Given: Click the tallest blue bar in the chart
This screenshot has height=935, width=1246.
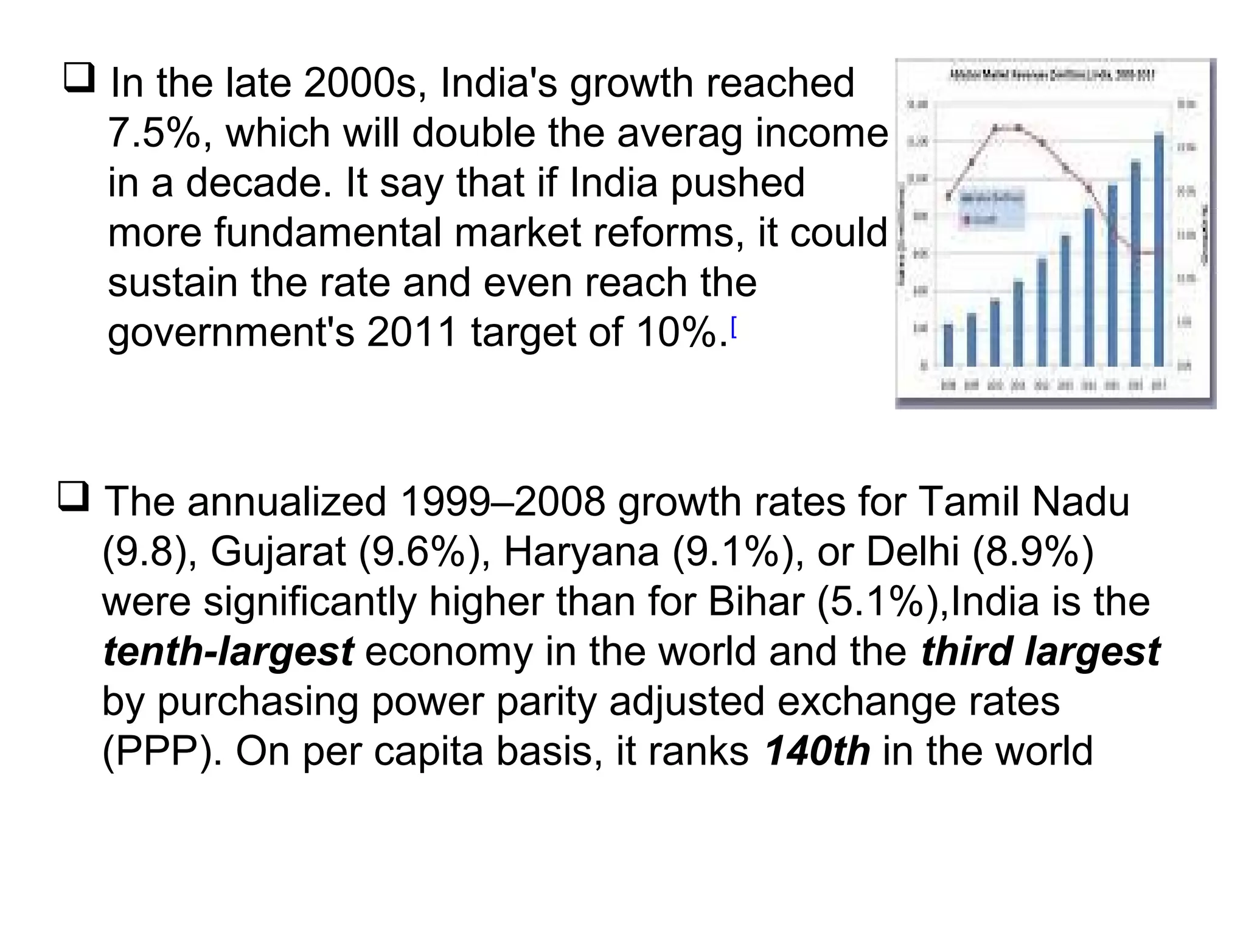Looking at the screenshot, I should (x=1158, y=250).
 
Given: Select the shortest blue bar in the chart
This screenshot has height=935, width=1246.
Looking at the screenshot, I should (x=948, y=345).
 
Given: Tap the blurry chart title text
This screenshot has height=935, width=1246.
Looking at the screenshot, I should (x=1052, y=75).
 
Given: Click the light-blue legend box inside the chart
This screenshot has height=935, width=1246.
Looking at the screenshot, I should (x=992, y=208).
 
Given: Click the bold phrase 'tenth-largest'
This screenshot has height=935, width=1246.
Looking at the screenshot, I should (x=228, y=651).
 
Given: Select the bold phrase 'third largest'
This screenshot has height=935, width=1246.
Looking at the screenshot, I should (x=1040, y=651).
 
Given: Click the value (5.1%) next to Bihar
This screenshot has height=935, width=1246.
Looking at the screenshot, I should (x=882, y=601).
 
